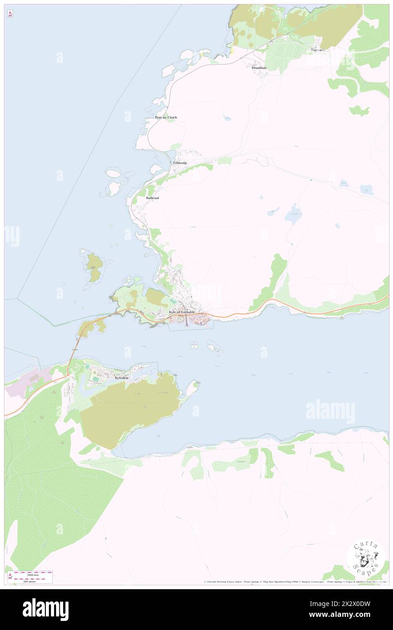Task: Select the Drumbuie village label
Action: (x=259, y=68)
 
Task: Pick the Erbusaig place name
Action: (x=180, y=162)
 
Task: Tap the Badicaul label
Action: (x=152, y=198)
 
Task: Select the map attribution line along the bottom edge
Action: (x=295, y=582)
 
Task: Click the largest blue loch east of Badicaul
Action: (x=294, y=218)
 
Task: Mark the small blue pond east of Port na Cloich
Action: (x=227, y=119)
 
